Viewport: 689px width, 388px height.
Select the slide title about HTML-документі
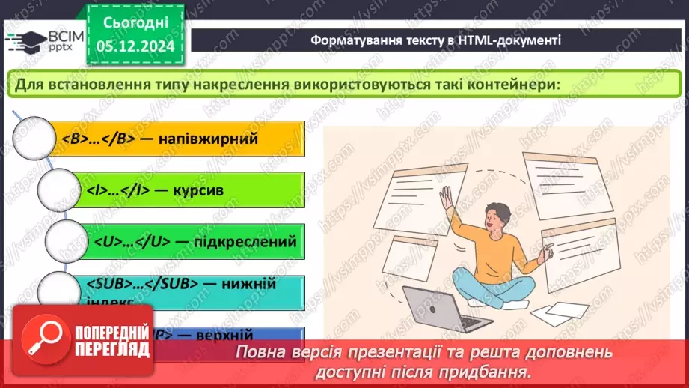tap(436, 40)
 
